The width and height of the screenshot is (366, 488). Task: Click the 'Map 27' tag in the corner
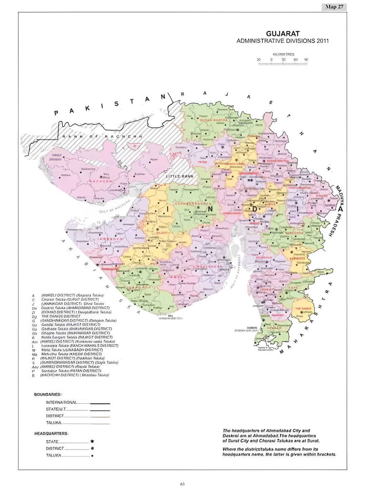[334, 7]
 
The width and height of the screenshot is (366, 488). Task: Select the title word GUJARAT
[283, 34]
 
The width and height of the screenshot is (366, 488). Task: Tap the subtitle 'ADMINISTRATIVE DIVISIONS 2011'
[282, 41]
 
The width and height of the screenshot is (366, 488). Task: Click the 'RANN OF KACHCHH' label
[102, 137]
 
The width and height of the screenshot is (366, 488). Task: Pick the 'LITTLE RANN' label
[179, 176]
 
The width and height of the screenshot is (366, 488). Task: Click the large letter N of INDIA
[210, 209]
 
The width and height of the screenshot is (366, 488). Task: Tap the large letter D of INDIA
[255, 209]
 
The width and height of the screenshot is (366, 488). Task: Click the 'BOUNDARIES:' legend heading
[48, 394]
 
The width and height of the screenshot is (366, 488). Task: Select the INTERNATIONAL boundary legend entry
[61, 402]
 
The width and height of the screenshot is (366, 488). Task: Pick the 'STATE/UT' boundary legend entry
[56, 409]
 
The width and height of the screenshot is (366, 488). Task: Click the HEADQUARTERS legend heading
[51, 433]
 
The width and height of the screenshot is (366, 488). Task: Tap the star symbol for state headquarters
[92, 441]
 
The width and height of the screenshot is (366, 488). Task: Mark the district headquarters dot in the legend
[92, 448]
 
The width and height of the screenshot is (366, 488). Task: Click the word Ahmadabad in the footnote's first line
[279, 431]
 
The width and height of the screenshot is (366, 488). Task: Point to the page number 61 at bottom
[182, 484]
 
